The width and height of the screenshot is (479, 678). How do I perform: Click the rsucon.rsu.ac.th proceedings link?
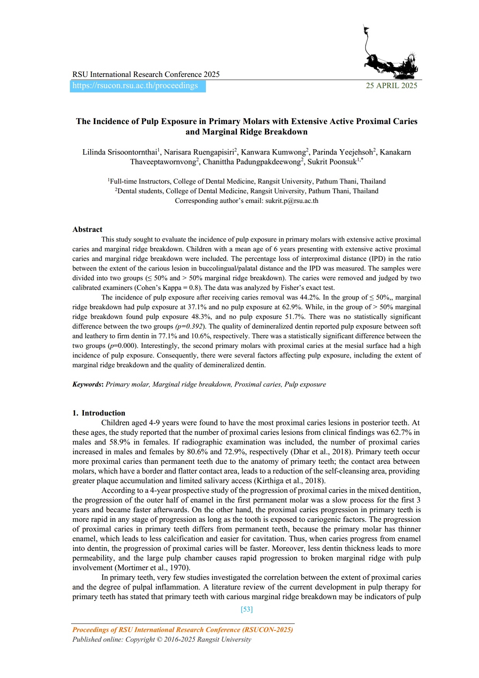point(135,86)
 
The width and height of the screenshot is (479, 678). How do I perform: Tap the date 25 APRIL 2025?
point(391,86)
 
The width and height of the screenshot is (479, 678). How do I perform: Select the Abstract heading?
point(87,229)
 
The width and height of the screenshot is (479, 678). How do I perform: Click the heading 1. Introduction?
point(99,413)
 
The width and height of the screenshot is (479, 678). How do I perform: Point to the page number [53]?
point(246,609)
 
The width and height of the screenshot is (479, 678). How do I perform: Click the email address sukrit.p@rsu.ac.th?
point(292,201)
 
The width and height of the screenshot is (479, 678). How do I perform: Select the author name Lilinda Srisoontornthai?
point(120,152)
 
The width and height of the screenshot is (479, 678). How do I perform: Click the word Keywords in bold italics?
point(87,384)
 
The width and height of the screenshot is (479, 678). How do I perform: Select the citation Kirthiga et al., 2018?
point(289,481)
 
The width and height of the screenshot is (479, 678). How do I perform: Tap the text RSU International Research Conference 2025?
point(146,74)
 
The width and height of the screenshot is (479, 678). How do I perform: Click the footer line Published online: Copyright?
point(161,639)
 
